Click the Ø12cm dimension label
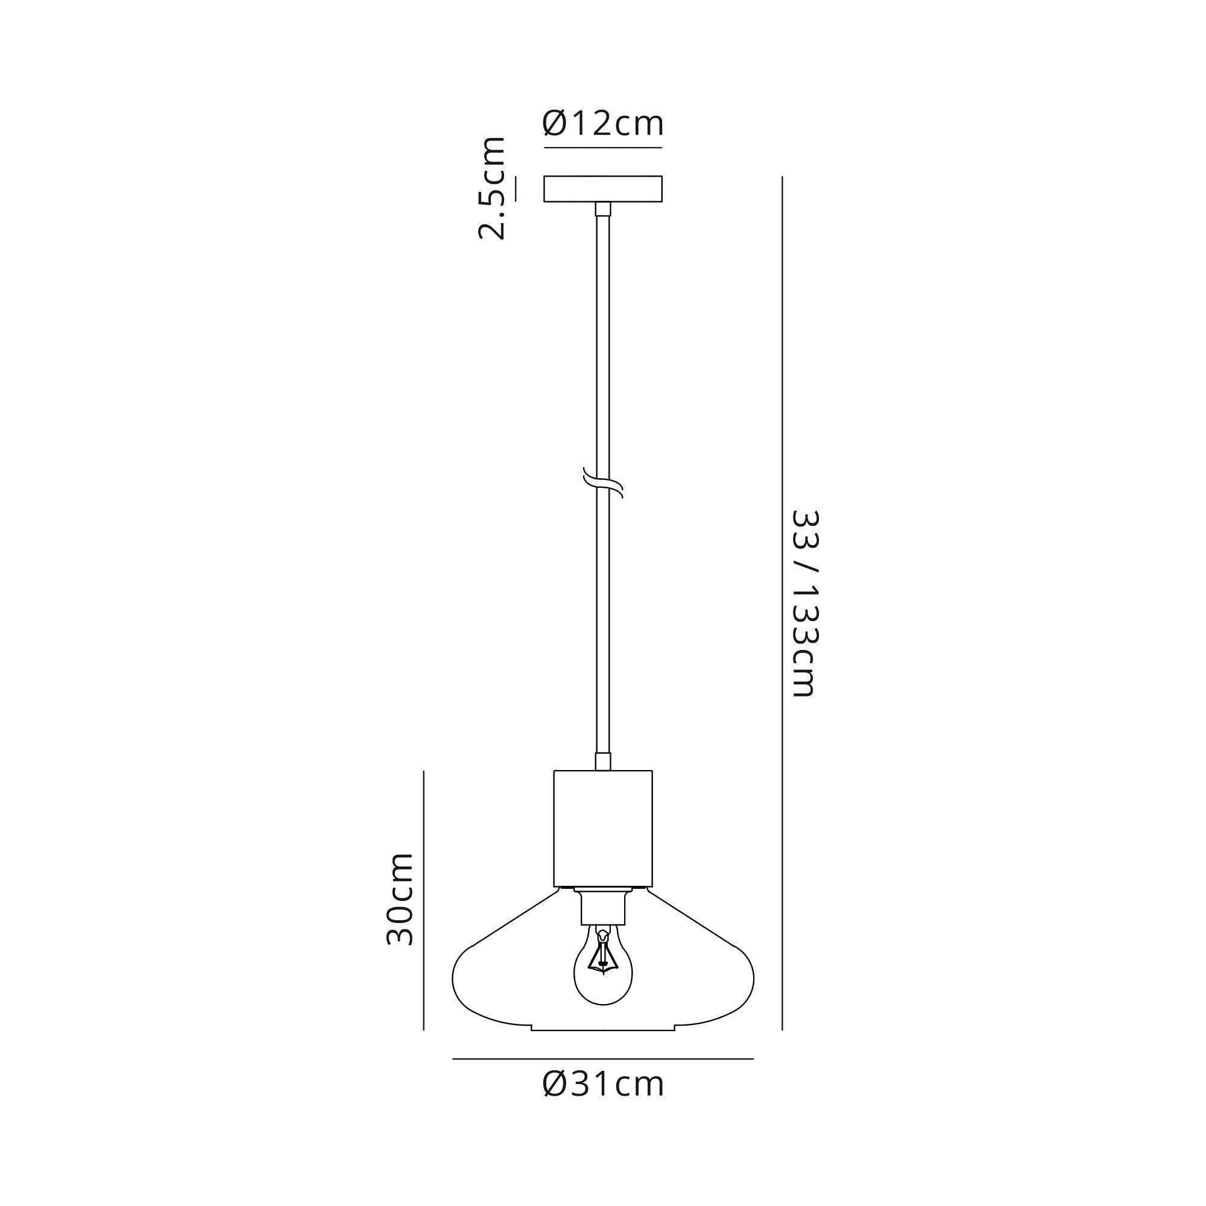coord(603,124)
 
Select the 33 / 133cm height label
coord(804,603)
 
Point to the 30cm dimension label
coord(400,899)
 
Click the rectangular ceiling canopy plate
coord(603,189)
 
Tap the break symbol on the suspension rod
coord(603,482)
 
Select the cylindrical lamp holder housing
coord(603,829)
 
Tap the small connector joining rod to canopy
coord(603,209)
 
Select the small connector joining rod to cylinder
coord(603,762)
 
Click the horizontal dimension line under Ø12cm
coord(603,148)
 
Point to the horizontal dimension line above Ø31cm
coord(603,1059)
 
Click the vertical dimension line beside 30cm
coord(424,899)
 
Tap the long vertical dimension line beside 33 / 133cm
coord(782,603)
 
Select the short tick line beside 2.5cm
coord(516,189)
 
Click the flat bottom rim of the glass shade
coord(603,1030)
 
